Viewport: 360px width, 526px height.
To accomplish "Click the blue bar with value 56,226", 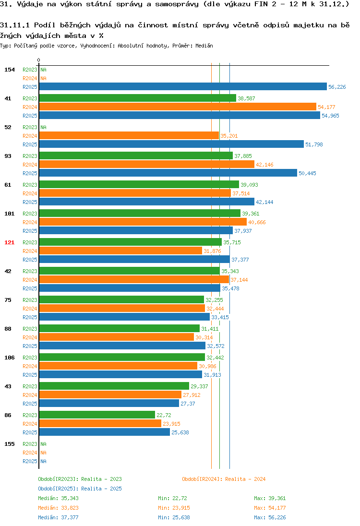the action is pos(183,86).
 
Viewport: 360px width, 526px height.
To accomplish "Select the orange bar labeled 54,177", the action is pos(178,107).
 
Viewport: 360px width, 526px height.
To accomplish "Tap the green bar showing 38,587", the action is pos(138,98).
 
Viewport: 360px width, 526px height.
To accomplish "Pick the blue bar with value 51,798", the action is pos(171,144).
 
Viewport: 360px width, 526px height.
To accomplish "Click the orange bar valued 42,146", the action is pos(146,164).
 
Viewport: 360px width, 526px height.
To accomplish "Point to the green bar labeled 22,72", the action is pos(97,415).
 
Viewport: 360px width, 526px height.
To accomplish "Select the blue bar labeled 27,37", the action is pos(109,403).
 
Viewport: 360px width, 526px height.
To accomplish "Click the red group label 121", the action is pos(10,242).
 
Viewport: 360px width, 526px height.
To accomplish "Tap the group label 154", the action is pos(10,70).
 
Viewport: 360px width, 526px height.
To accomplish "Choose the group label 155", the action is pos(10,444).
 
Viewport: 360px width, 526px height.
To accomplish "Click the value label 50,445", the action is pos(307,173).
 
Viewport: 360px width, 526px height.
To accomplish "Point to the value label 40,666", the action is pos(257,222).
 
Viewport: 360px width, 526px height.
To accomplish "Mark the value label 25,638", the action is pos(180,432).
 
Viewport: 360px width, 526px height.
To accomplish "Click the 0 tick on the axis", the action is pos(38,60).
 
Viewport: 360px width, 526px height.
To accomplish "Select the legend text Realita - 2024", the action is pos(245,479).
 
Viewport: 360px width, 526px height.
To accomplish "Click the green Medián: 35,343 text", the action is pos(58,498).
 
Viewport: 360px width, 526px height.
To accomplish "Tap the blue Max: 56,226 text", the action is pos(270,517).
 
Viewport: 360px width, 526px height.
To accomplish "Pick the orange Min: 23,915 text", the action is pos(174,508).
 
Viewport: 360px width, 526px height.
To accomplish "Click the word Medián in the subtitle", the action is pos(204,46).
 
